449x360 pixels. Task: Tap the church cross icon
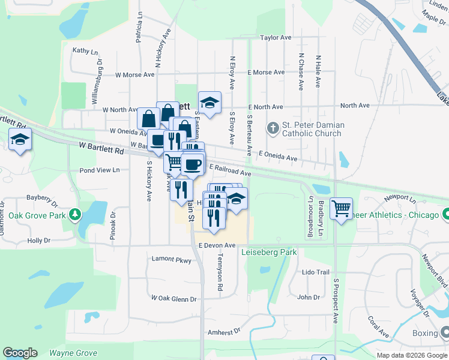(273, 127)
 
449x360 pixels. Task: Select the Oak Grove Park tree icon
(74, 214)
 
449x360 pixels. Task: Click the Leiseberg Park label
(270, 253)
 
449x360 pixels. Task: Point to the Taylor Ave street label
(276, 37)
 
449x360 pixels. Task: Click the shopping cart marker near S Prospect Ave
(341, 209)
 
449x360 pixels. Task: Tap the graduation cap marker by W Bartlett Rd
(20, 140)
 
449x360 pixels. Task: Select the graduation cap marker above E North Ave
(209, 103)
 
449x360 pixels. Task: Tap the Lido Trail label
(316, 272)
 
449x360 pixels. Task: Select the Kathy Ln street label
(85, 51)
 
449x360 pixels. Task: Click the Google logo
(20, 353)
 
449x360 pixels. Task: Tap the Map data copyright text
(411, 355)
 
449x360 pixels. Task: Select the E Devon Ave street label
(217, 245)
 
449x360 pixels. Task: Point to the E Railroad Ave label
(230, 172)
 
